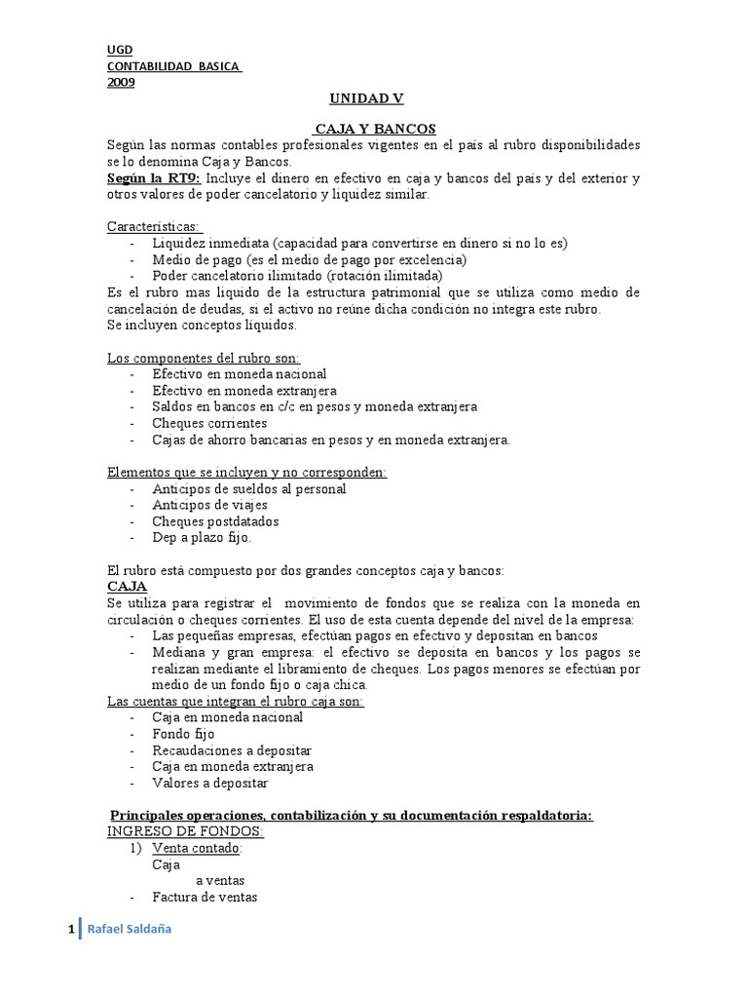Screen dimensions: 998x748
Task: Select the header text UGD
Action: point(120,51)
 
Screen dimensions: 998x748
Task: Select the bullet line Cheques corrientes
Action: point(209,423)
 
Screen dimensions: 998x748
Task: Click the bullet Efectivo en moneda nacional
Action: point(239,373)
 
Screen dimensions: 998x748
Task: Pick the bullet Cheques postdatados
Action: point(215,521)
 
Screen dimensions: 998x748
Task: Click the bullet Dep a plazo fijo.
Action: point(202,537)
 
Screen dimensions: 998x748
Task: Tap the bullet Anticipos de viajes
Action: point(209,505)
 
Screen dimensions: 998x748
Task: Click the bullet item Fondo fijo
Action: point(183,733)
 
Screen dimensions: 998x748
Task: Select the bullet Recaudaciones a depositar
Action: point(232,749)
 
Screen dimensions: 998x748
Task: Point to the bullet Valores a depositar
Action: point(209,783)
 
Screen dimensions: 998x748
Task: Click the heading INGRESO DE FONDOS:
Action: point(185,831)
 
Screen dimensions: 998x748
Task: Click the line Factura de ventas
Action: point(205,898)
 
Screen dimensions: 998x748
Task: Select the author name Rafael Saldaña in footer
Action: point(130,930)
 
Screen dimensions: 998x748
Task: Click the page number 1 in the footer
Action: point(71,930)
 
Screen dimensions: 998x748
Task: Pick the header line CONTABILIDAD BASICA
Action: point(172,66)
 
